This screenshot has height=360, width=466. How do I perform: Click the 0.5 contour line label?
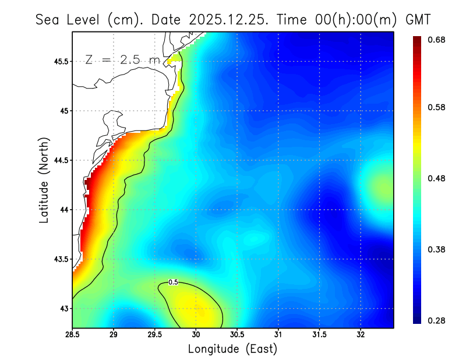pos(173,282)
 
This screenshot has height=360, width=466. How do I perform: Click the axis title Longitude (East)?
pos(232,349)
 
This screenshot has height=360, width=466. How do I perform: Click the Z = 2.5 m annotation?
pos(122,59)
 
